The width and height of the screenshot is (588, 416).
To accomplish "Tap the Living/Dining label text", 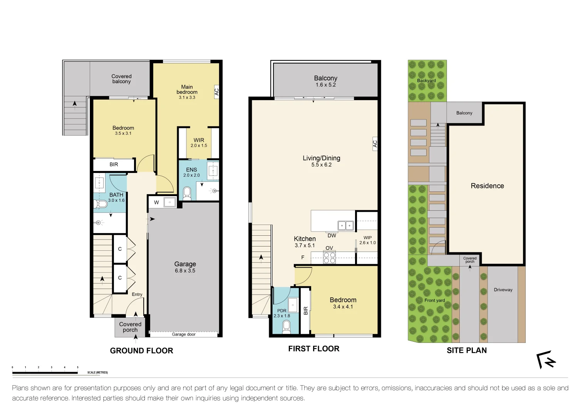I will click(x=321, y=158).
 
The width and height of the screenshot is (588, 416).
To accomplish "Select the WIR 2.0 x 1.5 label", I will click(x=199, y=143).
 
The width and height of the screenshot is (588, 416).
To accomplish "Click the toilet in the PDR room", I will click(x=286, y=327).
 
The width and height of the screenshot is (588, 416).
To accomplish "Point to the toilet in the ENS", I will click(x=187, y=193).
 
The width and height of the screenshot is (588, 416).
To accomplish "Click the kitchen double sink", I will click(x=345, y=225).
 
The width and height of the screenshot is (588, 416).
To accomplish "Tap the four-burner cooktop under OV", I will click(x=329, y=257).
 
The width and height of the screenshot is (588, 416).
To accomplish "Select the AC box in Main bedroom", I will click(x=216, y=92).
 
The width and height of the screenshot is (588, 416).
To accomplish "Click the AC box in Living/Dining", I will click(x=375, y=144).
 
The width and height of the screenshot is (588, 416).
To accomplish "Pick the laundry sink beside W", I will click(x=170, y=202).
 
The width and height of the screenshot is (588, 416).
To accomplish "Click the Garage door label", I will click(x=184, y=334).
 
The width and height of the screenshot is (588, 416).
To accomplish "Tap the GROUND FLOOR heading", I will click(x=141, y=351).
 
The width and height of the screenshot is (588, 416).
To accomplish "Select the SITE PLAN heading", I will click(x=466, y=350).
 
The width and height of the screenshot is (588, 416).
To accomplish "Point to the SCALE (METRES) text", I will click(x=97, y=372).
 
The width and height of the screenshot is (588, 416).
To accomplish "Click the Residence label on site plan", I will click(x=487, y=186).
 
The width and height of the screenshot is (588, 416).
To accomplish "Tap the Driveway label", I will click(x=503, y=290).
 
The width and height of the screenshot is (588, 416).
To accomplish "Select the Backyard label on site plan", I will click(x=426, y=81).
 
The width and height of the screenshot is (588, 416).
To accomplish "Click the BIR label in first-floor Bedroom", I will click(x=306, y=310).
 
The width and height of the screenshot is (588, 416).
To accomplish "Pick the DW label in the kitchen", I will click(x=332, y=235).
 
